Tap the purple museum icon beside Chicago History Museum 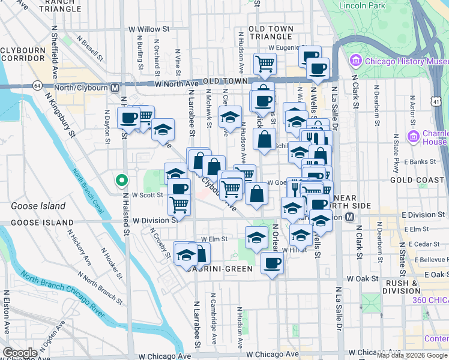tap(356, 61)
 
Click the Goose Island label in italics tap(38, 206)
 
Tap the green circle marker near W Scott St tap(121, 179)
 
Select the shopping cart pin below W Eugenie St tap(265, 63)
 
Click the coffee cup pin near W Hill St tap(272, 262)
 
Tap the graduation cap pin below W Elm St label tap(257, 236)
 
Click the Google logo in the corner tap(20, 353)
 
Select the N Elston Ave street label tap(6, 312)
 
